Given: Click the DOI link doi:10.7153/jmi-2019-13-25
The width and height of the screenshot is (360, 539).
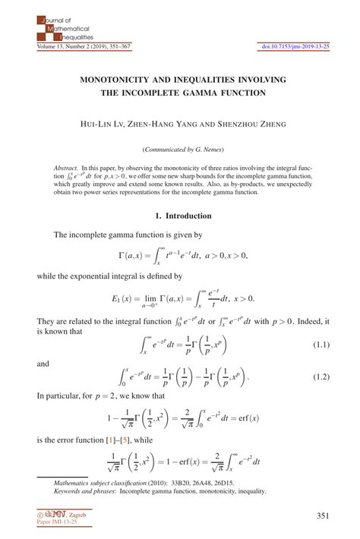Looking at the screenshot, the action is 295,46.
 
